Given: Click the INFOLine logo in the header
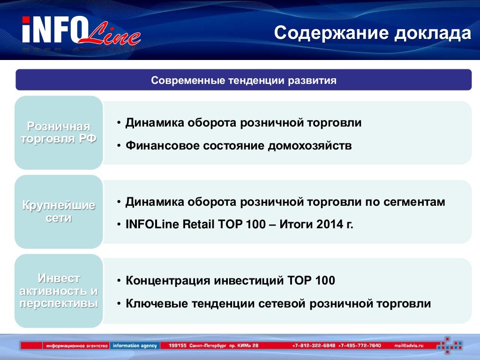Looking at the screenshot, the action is point(81,30).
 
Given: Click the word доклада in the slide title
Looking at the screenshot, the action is point(433,33).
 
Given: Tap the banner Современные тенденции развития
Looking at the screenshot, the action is point(244,80).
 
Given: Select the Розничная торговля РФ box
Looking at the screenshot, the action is point(59,133).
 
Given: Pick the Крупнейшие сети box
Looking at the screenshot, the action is point(59,211).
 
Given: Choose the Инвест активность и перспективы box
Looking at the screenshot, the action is point(59,291).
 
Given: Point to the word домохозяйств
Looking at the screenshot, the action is point(310,146).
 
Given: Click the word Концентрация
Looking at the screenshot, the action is point(168,281).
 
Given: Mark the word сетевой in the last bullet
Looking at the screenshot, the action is point(282,304).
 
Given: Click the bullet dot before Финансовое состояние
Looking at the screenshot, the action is point(119,146).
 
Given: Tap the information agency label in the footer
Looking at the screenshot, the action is point(135,345).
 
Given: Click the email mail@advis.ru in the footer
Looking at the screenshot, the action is point(409,345).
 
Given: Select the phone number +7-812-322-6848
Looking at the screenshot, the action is point(314,345).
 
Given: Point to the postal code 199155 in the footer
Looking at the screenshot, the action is point(178,345).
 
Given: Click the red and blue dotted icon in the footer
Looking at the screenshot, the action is point(450,345).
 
